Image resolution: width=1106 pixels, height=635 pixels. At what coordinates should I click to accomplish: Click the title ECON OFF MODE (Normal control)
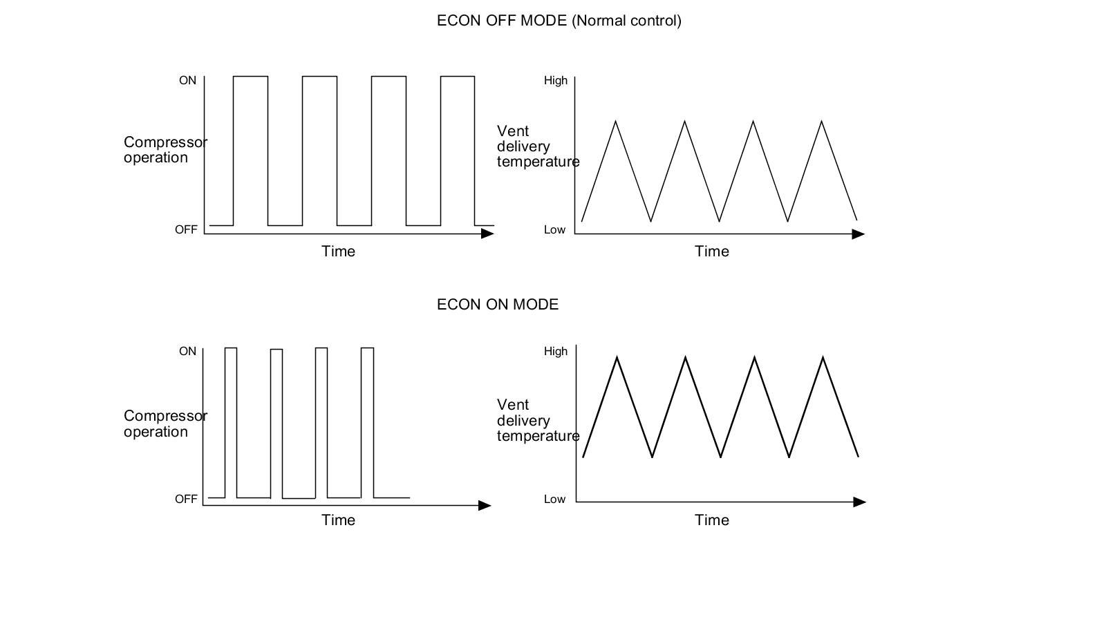click(x=559, y=21)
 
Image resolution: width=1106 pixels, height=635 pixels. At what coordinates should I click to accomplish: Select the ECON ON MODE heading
click(x=498, y=305)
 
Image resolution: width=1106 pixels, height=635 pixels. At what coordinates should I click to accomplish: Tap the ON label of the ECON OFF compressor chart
click(x=187, y=81)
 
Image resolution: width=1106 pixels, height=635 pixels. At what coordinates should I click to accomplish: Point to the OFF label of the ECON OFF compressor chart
click(x=186, y=230)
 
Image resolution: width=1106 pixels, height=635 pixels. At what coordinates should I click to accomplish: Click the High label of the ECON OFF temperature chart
click(x=555, y=81)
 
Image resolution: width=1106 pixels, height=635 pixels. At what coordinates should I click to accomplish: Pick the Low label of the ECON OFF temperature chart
click(x=554, y=230)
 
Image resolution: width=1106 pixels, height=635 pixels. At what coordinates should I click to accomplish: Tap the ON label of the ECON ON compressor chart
click(x=187, y=352)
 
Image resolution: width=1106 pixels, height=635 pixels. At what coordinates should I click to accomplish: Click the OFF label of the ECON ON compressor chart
click(x=186, y=499)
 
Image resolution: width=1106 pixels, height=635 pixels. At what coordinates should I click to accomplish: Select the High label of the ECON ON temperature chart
click(x=555, y=352)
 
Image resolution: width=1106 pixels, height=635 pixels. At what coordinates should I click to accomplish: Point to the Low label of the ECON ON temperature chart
click(x=554, y=500)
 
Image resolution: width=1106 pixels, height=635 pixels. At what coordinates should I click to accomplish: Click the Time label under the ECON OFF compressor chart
click(x=338, y=252)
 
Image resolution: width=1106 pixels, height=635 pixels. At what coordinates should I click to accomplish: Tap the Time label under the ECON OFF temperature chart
click(x=711, y=252)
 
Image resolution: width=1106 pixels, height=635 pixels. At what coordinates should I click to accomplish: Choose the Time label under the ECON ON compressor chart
click(x=338, y=520)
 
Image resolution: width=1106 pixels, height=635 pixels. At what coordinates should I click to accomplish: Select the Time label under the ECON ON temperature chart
click(x=711, y=520)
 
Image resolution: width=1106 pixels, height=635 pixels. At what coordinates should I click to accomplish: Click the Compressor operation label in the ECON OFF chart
click(x=165, y=150)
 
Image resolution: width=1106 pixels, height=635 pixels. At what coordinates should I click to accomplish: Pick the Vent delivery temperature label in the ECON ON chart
click(x=537, y=420)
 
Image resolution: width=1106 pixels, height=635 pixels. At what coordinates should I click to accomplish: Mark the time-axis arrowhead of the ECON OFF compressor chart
click(x=487, y=234)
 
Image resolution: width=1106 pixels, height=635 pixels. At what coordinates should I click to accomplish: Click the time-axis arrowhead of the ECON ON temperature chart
click(x=859, y=502)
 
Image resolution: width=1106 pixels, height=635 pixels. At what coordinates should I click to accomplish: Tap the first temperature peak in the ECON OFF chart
click(x=616, y=122)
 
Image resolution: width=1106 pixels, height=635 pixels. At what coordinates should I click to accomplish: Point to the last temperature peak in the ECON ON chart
click(x=823, y=357)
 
